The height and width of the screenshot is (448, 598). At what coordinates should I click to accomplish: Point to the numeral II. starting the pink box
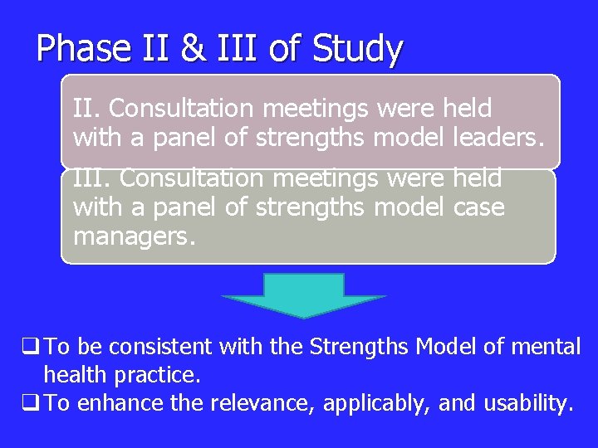86,109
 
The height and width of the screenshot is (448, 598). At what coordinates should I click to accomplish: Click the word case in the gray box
478,207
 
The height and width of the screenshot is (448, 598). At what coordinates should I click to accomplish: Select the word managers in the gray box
134,236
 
